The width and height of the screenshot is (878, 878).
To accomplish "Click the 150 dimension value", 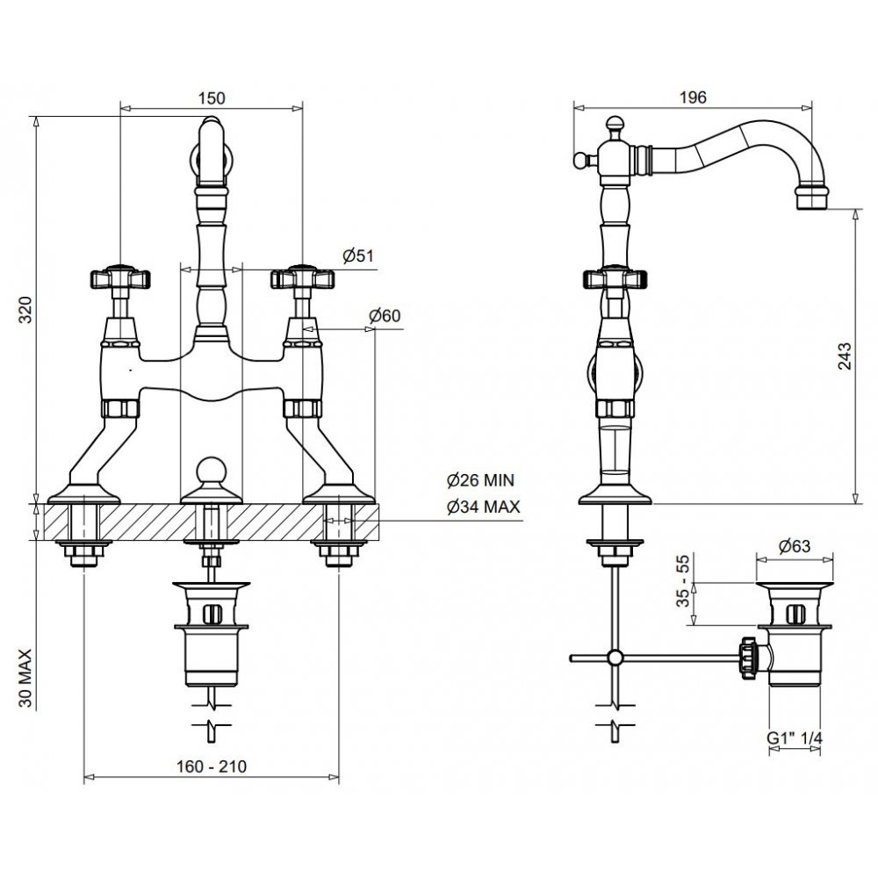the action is tap(212, 98).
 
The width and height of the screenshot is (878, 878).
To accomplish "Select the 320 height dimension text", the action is tap(25, 310).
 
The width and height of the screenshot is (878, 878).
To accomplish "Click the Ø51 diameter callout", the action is tap(358, 255).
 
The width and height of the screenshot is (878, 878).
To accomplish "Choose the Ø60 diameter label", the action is tap(385, 315).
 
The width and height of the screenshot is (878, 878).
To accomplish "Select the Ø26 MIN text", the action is tap(480, 480).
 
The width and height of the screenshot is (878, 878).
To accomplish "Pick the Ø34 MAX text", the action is tap(483, 507).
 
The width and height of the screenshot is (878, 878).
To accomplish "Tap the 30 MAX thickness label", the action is tap(25, 678).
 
